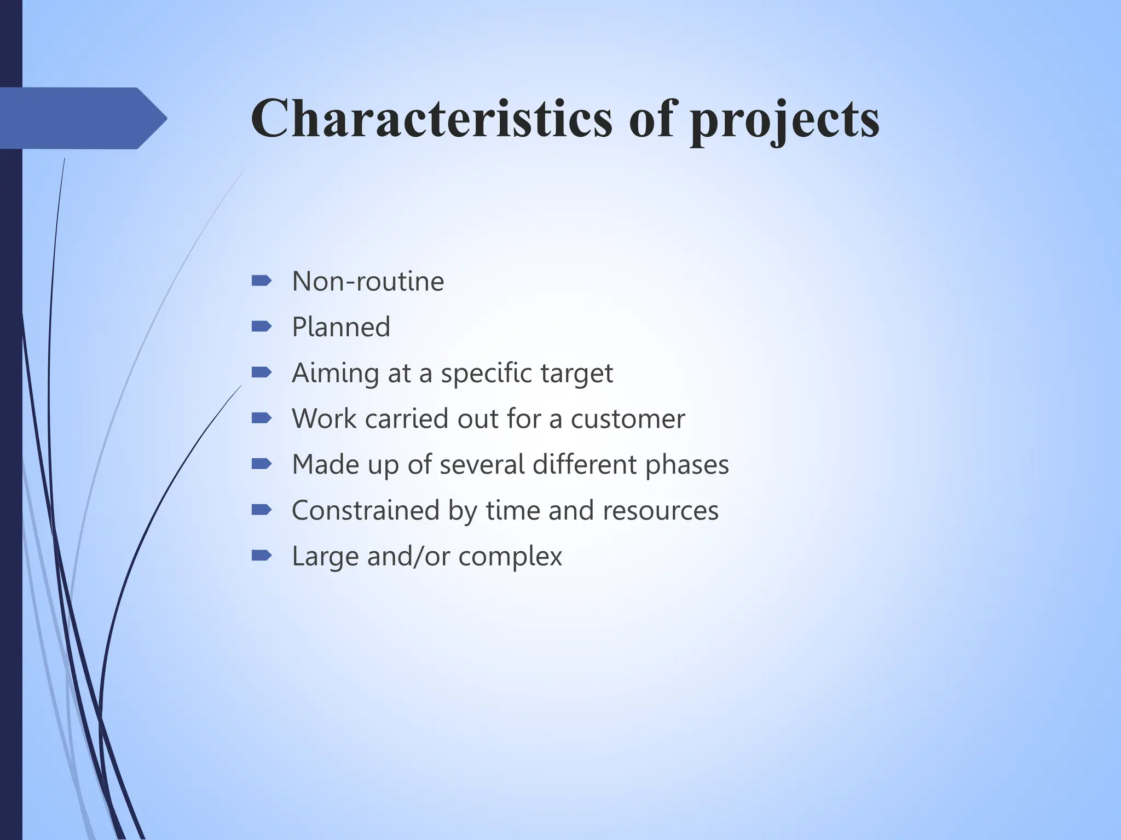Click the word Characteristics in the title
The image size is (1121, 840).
click(431, 119)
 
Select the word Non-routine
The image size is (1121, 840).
click(368, 282)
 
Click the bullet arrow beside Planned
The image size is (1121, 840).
click(261, 326)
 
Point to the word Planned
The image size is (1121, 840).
click(341, 328)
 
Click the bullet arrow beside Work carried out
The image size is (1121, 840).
click(261, 418)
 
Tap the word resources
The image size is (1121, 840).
click(660, 511)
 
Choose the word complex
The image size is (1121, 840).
click(510, 557)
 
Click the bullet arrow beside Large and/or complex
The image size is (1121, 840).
click(261, 556)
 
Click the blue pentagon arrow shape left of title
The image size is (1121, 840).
click(82, 118)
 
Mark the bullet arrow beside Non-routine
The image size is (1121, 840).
click(261, 281)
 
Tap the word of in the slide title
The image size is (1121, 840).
click(651, 119)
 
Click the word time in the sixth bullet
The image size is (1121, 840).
click(513, 511)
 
